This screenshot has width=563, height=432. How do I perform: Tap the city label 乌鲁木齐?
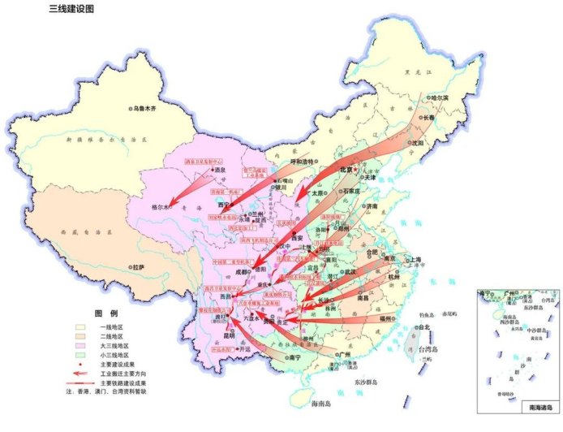pos(150,108)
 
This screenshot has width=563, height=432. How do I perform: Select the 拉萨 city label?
pos(135,266)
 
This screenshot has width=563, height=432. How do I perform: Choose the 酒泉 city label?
pos(220,170)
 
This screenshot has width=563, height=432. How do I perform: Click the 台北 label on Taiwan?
pos(423,327)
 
